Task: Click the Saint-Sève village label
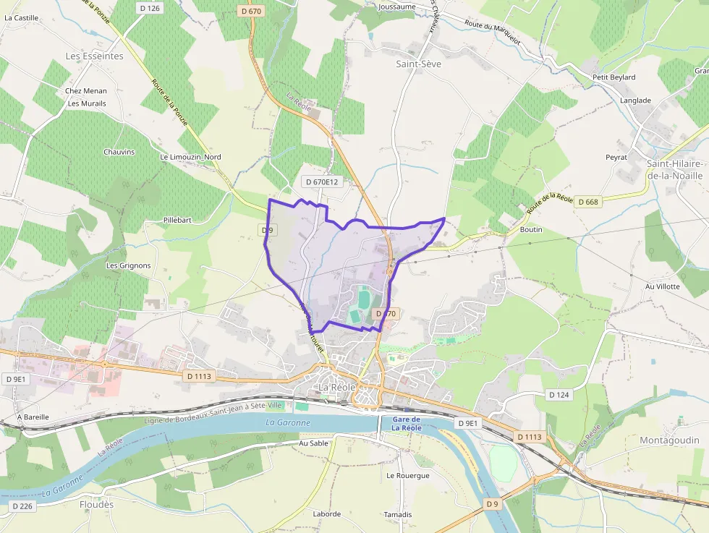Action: [x=418, y=64]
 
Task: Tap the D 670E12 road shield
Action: [x=322, y=182]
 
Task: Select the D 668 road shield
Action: [x=588, y=202]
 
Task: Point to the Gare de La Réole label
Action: [x=406, y=424]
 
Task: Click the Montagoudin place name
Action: [x=669, y=440]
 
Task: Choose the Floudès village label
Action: [x=96, y=505]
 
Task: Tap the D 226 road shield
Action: [x=24, y=506]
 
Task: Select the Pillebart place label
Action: [x=177, y=220]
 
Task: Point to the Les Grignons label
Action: [x=128, y=265]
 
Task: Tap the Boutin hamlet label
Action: [x=531, y=229]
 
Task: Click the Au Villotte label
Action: [x=662, y=286]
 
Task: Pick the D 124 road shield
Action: [x=559, y=395]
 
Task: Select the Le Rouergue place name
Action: [x=407, y=476]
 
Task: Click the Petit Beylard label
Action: [x=614, y=77]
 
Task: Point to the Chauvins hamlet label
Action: [x=119, y=152]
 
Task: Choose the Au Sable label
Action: [x=313, y=443]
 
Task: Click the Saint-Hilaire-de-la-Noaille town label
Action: [x=674, y=170]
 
